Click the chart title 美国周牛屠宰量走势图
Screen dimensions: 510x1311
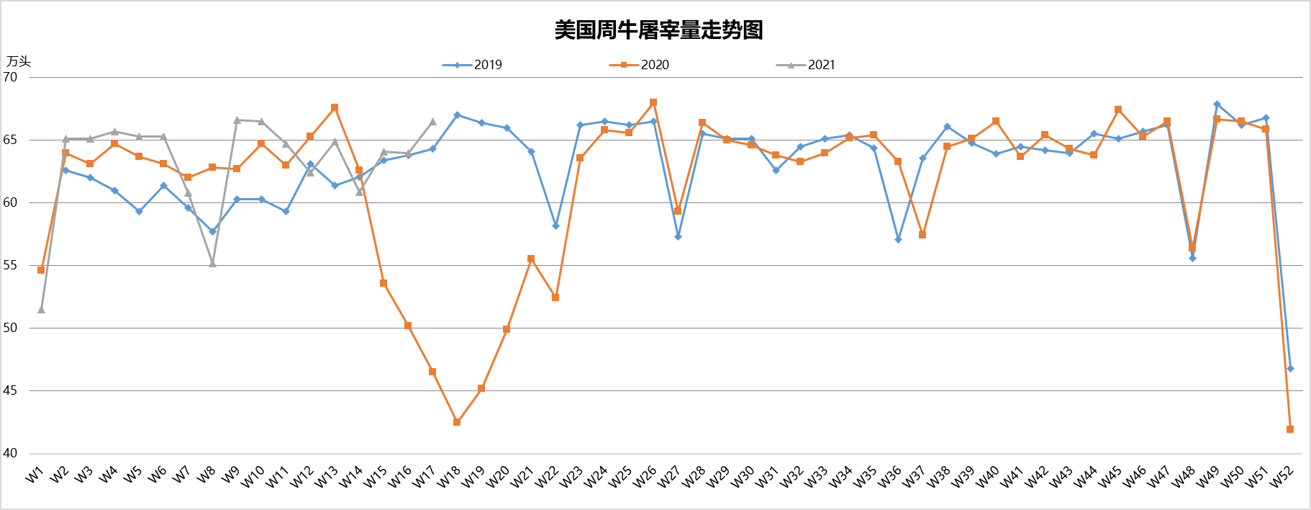pos(658,30)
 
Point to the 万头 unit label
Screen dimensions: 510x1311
pos(19,62)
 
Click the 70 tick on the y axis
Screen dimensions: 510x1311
pos(11,77)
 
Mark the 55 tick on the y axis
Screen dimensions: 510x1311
pos(11,265)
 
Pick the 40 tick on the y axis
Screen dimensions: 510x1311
pos(11,453)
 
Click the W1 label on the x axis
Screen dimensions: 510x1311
pos(35,475)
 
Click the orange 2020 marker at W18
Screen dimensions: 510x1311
pos(457,422)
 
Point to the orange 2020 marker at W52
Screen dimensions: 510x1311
pos(1290,429)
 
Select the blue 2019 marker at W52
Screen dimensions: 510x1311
pos(1290,368)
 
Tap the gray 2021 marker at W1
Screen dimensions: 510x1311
pos(41,310)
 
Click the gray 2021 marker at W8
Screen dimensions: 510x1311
pos(212,264)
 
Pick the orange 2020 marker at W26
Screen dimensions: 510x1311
pos(653,102)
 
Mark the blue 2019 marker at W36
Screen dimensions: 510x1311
pos(898,239)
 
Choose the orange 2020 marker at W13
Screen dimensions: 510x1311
pos(335,107)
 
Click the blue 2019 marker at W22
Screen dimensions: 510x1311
pos(555,225)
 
